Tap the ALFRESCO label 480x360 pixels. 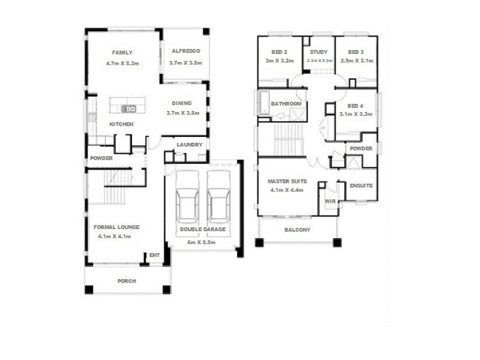click(185, 52)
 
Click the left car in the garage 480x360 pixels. click(187, 197)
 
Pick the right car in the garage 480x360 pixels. click(218, 197)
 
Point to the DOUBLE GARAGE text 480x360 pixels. click(203, 229)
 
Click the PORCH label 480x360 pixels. click(127, 281)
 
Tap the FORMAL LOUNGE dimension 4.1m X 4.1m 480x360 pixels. click(114, 236)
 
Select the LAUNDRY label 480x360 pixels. click(189, 145)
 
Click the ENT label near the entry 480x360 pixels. click(154, 256)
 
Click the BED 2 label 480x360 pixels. click(279, 52)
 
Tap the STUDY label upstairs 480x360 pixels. click(319, 52)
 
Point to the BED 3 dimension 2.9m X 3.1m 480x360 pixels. click(356, 61)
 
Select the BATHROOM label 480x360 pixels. click(286, 104)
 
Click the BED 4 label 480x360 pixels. click(356, 104)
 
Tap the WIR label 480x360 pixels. click(330, 202)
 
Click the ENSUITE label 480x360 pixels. click(361, 185)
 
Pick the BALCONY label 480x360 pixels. click(297, 230)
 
